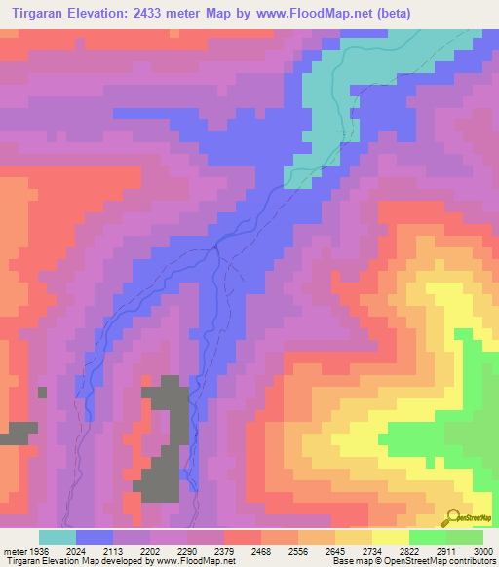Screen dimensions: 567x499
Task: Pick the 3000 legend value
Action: tap(480, 550)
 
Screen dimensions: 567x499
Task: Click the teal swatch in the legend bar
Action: tap(58, 537)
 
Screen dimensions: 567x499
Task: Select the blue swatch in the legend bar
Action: tap(95, 537)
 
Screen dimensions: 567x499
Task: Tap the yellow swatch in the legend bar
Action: tap(391, 537)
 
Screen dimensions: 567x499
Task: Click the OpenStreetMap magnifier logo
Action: tap(452, 517)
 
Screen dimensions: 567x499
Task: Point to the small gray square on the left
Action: tap(42, 392)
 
